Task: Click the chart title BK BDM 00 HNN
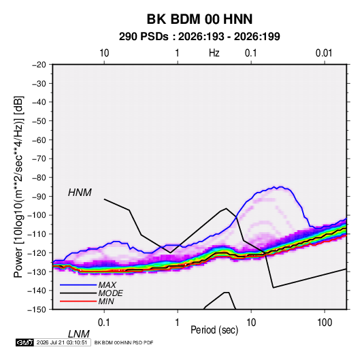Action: pyautogui.click(x=199, y=19)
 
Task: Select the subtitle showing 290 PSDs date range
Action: pyautogui.click(x=199, y=37)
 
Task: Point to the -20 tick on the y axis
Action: pyautogui.click(x=39, y=65)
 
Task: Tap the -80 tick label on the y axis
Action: pyautogui.click(x=39, y=178)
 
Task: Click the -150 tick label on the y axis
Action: pyautogui.click(x=37, y=310)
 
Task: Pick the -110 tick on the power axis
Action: pyautogui.click(x=37, y=234)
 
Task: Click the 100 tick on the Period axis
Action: pyautogui.click(x=325, y=323)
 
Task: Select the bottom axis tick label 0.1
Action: pyautogui.click(x=104, y=323)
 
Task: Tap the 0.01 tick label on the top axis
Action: pyautogui.click(x=324, y=53)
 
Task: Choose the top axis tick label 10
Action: pyautogui.click(x=104, y=53)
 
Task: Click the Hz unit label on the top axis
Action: pyautogui.click(x=214, y=53)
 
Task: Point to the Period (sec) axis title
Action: pyautogui.click(x=214, y=330)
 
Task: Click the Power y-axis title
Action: pyautogui.click(x=18, y=187)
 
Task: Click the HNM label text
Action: pyautogui.click(x=80, y=193)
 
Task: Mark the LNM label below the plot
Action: pyautogui.click(x=79, y=334)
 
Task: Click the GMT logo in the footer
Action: pyautogui.click(x=25, y=342)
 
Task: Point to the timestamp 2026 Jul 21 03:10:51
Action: pyautogui.click(x=62, y=342)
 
